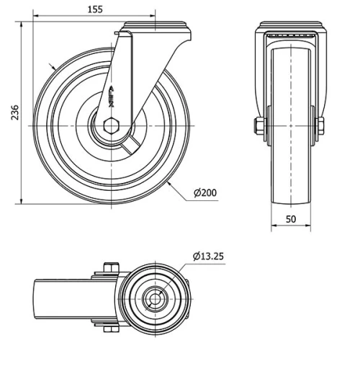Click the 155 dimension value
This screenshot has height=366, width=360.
(93, 9)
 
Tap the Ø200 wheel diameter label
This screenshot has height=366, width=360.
(205, 192)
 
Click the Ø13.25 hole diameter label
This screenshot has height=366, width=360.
(208, 256)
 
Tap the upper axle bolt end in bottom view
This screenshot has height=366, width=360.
(109, 269)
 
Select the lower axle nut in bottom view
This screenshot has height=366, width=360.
(109, 330)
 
